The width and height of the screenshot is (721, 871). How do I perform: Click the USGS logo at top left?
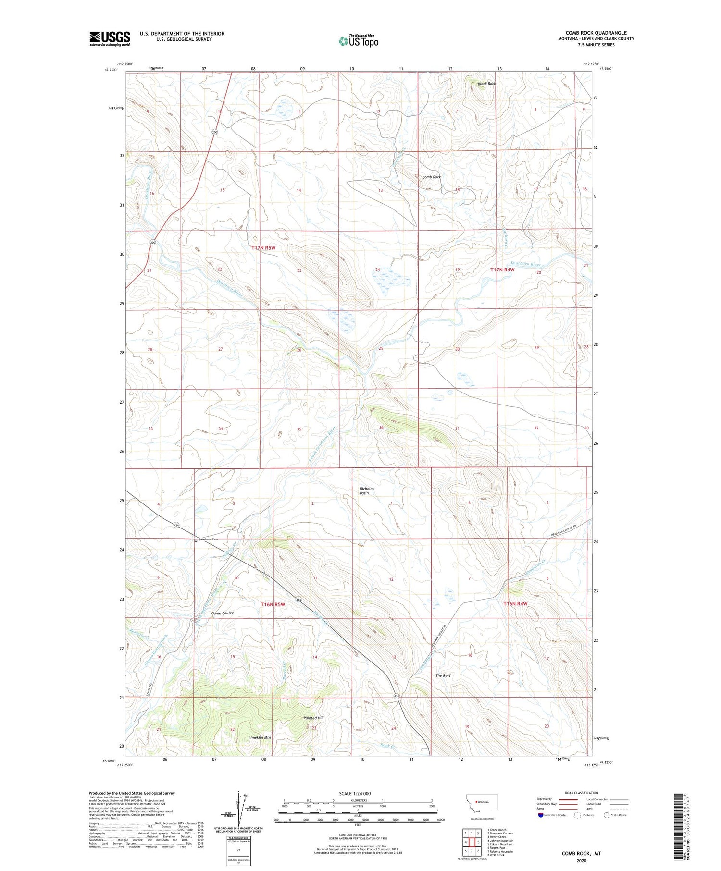pos(110,38)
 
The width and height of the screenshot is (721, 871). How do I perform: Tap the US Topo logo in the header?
pos(358,41)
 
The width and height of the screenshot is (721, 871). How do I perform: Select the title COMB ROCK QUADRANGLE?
pos(596,33)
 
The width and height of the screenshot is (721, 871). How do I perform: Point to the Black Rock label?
pos(486,84)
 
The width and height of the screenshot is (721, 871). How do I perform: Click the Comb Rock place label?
pos(431,177)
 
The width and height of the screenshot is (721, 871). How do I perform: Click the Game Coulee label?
pos(223,613)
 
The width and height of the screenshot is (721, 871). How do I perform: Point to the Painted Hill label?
pos(313,718)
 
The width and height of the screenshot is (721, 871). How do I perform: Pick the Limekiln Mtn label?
pos(260,737)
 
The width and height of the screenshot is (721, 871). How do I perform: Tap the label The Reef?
pos(443,675)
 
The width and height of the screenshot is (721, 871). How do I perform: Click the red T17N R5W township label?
pos(263,248)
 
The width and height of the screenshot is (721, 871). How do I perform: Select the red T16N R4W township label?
pos(515,603)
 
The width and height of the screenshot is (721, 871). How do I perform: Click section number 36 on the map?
pos(381,428)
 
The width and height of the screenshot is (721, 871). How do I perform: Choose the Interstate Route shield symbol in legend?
pos(541,815)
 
